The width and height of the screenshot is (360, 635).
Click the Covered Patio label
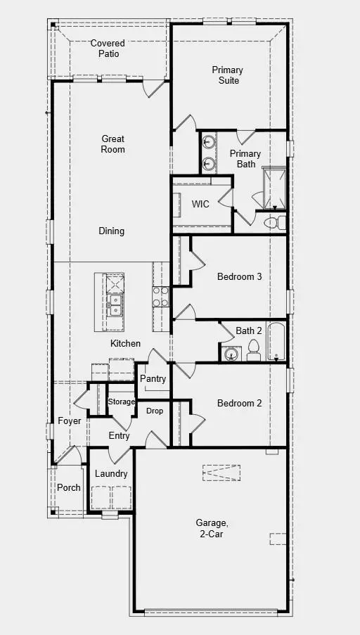108,49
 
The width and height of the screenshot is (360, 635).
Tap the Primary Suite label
227,75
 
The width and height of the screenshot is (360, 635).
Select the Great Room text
112,144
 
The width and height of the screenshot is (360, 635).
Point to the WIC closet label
201,204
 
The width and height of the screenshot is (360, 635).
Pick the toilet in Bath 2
253,349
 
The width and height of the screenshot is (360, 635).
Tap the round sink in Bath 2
230,354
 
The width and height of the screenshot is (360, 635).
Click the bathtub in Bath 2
275,342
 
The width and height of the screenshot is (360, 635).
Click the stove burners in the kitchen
161,296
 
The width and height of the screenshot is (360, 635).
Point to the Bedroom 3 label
239,276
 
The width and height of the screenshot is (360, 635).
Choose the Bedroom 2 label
239,403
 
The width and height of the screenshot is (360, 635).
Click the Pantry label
153,379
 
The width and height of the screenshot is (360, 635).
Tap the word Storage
121,402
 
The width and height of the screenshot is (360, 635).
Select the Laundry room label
111,473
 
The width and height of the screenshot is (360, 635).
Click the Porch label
69,487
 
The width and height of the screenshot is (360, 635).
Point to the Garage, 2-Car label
211,528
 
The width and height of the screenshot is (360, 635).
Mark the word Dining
111,231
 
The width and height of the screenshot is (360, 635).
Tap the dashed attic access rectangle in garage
221,473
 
